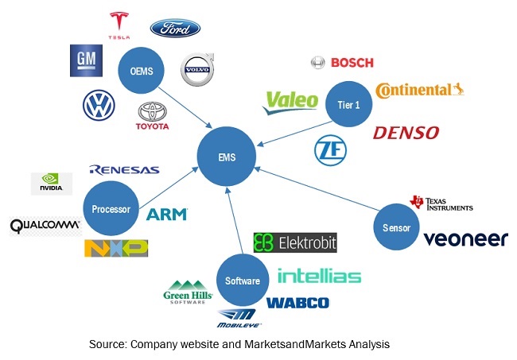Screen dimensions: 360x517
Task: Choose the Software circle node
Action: pyautogui.click(x=242, y=281)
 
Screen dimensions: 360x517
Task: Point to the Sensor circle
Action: pyautogui.click(x=395, y=227)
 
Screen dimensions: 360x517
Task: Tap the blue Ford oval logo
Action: pyautogui.click(x=175, y=29)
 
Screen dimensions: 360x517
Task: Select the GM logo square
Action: pyautogui.click(x=83, y=61)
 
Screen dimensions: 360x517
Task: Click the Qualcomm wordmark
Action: pyautogui.click(x=45, y=226)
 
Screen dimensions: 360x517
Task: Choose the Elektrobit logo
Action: pyautogui.click(x=295, y=242)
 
